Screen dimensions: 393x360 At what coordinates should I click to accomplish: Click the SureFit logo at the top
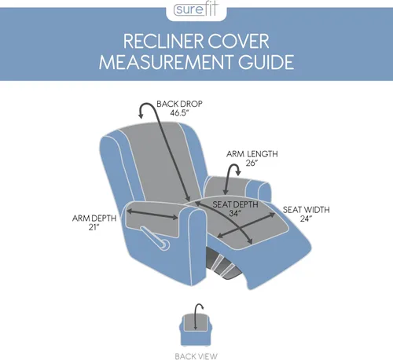196,9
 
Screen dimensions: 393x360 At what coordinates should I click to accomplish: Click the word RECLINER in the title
163,42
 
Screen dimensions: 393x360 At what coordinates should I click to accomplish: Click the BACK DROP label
179,104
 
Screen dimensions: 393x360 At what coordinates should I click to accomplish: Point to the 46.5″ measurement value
179,113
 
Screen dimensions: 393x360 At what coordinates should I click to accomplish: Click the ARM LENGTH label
252,154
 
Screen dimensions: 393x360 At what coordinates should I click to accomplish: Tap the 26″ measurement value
252,163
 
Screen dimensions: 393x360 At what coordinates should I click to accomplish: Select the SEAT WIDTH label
306,210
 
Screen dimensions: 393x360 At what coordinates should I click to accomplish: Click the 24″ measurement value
306,219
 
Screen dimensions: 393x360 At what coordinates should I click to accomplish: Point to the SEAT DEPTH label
235,204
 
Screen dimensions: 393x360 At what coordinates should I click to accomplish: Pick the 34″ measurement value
235,214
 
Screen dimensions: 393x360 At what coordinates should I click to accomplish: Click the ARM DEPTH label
94,219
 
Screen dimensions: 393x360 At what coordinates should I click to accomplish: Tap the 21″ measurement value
94,227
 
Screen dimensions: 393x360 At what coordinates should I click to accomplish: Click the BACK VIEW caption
196,356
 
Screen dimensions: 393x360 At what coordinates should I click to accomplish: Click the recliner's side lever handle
156,238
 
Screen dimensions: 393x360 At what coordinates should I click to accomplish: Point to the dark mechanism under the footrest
222,263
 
